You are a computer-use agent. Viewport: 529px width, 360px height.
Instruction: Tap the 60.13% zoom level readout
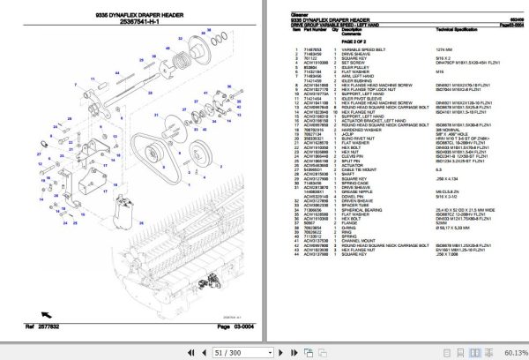(x=510, y=350)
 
